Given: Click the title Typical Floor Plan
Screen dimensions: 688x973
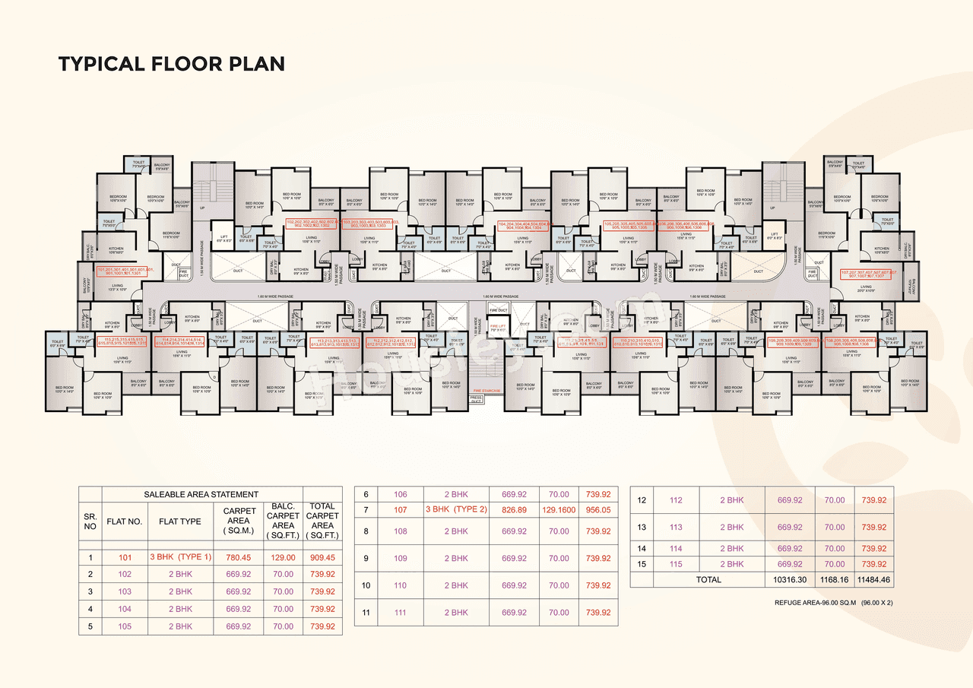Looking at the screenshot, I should pyautogui.click(x=171, y=64).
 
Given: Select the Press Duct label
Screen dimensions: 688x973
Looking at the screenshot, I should pyautogui.click(x=477, y=399).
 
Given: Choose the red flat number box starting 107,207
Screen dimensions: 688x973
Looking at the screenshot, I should pyautogui.click(x=868, y=274).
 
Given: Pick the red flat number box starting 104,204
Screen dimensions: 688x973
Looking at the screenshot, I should pyautogui.click(x=524, y=226).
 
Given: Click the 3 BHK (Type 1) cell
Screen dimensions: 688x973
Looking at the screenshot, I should pyautogui.click(x=180, y=557).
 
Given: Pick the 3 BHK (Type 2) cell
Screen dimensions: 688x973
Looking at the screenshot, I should pyautogui.click(x=456, y=509).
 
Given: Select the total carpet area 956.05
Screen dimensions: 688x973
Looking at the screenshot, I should pyautogui.click(x=597, y=509).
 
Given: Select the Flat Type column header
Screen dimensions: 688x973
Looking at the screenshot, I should pyautogui.click(x=180, y=521).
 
